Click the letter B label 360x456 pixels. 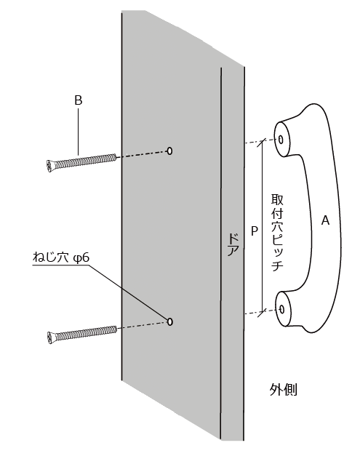click(79, 100)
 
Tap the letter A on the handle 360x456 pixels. click(325, 220)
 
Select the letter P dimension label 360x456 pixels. click(254, 231)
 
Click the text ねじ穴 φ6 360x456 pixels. click(61, 257)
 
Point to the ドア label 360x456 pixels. click(233, 244)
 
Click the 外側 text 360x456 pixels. click(283, 389)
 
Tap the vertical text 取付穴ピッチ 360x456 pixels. click(277, 232)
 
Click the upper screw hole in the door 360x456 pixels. click(169, 151)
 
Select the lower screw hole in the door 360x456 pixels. click(170, 321)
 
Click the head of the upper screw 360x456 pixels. click(49, 166)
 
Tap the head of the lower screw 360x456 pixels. click(51, 338)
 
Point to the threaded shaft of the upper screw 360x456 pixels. click(85, 161)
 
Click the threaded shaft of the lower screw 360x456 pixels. click(86, 333)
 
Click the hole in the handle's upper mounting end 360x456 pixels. click(281, 140)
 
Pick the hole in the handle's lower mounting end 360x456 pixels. click(281, 309)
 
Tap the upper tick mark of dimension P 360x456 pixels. click(263, 142)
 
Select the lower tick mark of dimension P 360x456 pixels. click(263, 313)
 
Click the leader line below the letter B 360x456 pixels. click(78, 131)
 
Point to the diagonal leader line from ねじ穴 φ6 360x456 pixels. click(129, 292)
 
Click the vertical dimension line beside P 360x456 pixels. click(263, 227)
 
